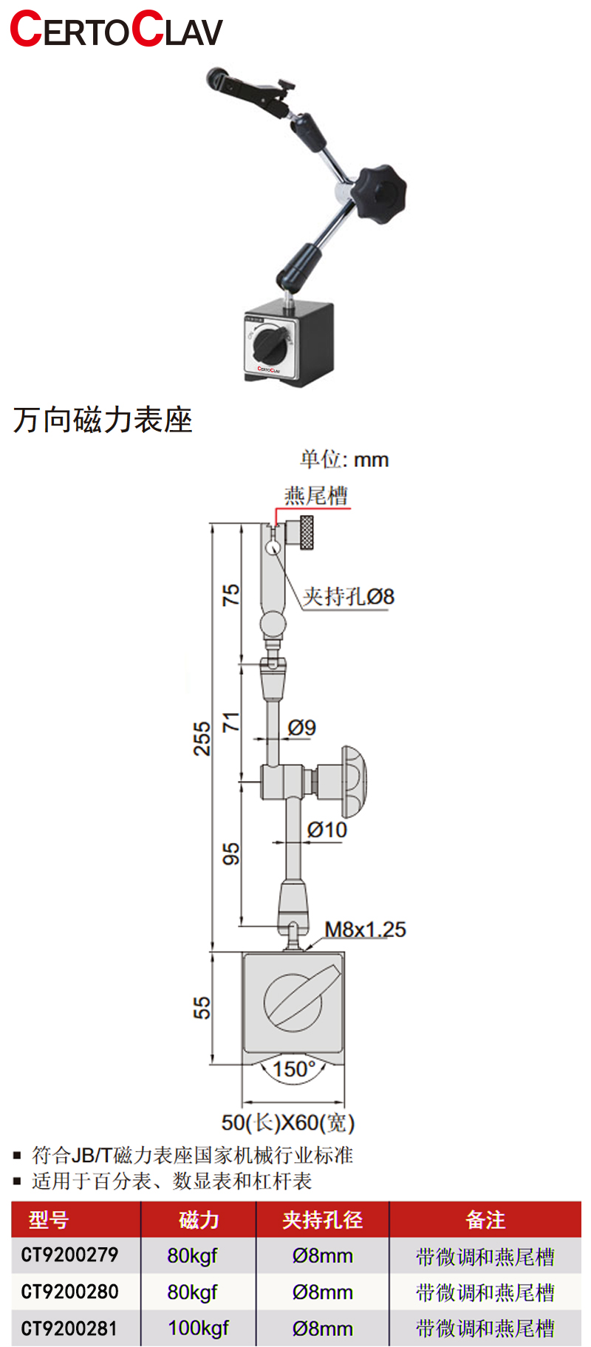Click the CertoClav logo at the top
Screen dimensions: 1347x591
tap(116, 30)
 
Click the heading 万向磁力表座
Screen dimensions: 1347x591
tap(103, 420)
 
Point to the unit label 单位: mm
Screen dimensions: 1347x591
tap(344, 460)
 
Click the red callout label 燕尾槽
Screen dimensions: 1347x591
tap(316, 496)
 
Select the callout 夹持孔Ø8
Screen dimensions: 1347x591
tap(349, 596)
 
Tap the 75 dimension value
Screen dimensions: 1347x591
tap(231, 595)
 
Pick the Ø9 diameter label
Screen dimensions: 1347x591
tap(302, 728)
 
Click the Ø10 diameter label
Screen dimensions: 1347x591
tap(327, 830)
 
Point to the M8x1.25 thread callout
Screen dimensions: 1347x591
tap(365, 929)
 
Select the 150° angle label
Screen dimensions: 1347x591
tap(293, 1069)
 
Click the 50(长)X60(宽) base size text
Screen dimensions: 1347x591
tap(288, 1122)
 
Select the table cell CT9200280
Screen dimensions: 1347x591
tap(69, 1292)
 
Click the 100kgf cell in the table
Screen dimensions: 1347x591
tap(198, 1328)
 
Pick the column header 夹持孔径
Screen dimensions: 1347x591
tap(322, 1219)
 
